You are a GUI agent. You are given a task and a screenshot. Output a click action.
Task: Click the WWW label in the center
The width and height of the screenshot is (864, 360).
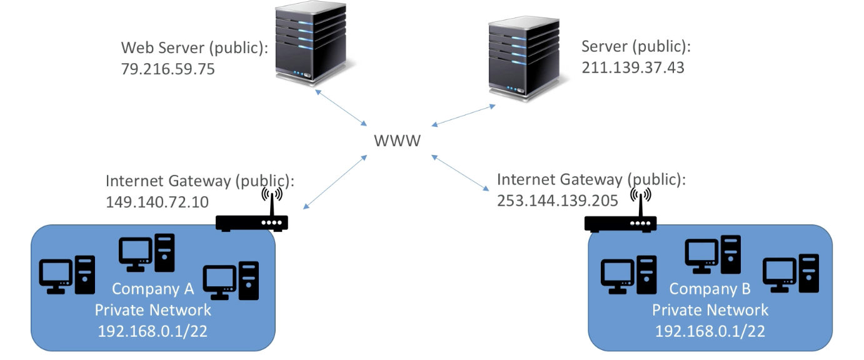click(x=397, y=141)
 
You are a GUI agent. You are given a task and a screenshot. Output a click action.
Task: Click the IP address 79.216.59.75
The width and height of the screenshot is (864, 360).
click(x=168, y=69)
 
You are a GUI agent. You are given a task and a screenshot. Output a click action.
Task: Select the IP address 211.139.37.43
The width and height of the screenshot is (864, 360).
click(x=633, y=67)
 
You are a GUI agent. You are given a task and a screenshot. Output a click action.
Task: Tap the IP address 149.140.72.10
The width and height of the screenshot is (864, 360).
click(x=158, y=202)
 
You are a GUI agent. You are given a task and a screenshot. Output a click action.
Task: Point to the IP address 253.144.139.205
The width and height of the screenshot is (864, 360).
click(x=558, y=201)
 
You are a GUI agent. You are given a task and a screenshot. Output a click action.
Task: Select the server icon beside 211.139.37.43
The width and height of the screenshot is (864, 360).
click(x=525, y=59)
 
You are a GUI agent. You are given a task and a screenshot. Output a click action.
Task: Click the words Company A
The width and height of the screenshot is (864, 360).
click(x=153, y=289)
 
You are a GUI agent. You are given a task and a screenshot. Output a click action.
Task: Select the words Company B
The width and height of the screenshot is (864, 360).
click(x=710, y=289)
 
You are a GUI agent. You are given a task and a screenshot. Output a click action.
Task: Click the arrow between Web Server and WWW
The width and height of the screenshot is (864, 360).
click(x=341, y=108)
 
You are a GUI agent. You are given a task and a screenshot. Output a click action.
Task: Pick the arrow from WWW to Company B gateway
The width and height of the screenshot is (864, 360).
click(x=460, y=173)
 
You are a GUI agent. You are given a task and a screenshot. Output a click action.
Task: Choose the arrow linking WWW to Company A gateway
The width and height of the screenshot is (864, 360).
click(x=335, y=182)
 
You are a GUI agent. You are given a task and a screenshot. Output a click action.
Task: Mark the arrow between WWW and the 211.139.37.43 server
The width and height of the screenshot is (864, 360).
click(x=463, y=115)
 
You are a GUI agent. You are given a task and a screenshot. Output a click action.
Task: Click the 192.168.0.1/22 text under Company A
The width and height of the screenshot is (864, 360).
click(x=153, y=331)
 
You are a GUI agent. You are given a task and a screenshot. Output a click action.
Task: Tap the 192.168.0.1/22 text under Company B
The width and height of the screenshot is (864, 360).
click(x=710, y=331)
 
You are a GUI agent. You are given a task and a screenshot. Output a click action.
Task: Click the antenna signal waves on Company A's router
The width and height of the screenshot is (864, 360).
click(x=272, y=194)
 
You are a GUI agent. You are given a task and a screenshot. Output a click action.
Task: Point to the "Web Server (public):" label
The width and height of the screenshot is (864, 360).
click(x=194, y=47)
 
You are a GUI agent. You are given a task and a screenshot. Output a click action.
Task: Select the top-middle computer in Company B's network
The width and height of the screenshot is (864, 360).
click(x=713, y=254)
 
